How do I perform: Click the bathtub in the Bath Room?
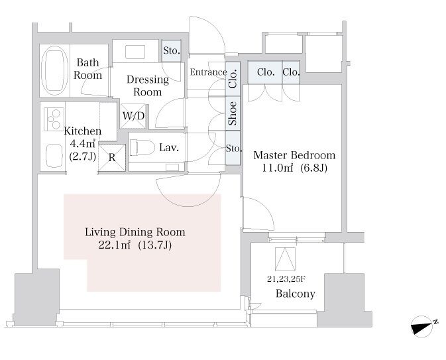coord(54,70)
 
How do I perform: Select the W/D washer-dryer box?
coord(133,116)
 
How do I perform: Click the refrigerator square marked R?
coord(112,158)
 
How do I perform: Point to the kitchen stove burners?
coord(54,119)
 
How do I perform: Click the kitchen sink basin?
coord(54,156)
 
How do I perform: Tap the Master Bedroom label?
coord(294,155)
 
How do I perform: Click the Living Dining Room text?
coord(135,232)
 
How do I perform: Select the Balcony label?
coord(296,294)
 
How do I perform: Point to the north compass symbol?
coord(422,326)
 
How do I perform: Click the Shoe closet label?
coord(233,113)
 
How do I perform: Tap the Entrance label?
coord(208,72)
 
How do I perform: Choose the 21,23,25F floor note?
coord(286,279)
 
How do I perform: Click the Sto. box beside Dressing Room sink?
coord(172,51)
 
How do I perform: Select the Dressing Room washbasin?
coord(135,52)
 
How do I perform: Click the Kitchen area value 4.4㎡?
coord(82,144)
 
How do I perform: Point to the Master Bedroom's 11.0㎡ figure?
coord(277,168)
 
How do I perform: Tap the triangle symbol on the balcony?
coord(285,257)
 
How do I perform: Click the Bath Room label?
coord(88,69)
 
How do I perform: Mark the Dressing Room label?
coord(148,86)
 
